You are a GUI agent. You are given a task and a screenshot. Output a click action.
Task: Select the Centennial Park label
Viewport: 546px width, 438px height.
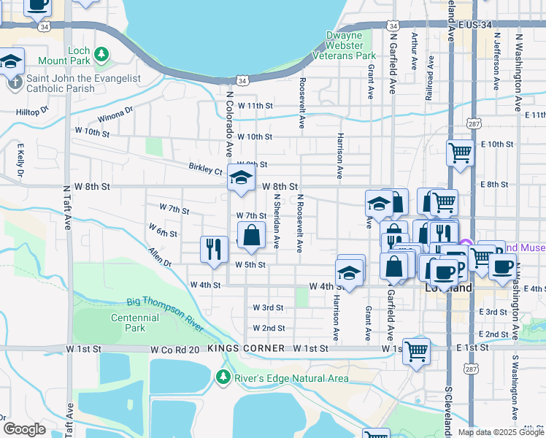point(135,323)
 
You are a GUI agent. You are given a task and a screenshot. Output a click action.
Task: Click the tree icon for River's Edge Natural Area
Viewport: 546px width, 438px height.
point(224,377)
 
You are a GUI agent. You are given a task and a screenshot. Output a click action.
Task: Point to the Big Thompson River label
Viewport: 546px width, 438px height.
point(164,306)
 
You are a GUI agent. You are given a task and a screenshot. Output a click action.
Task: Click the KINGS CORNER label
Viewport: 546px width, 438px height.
point(245,349)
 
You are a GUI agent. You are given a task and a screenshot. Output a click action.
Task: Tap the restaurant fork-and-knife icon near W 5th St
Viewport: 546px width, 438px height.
point(214,249)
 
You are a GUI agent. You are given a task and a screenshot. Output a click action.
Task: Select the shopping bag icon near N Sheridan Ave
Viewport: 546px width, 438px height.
point(251,236)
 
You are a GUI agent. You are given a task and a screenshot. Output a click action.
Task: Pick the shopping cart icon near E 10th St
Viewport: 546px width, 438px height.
point(460,153)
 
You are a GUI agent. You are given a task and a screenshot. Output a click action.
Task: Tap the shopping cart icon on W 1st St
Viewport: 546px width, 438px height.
point(416,351)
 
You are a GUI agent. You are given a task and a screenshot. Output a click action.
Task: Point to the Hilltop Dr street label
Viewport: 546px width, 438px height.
point(31,112)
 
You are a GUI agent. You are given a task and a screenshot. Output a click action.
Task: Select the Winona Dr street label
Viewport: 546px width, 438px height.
point(115,115)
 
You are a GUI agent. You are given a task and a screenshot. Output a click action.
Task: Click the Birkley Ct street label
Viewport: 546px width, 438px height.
point(205,170)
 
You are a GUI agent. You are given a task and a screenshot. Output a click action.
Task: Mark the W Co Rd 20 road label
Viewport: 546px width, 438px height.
point(174,350)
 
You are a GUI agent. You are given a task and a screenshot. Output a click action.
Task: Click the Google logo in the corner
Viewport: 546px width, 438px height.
point(25,429)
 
